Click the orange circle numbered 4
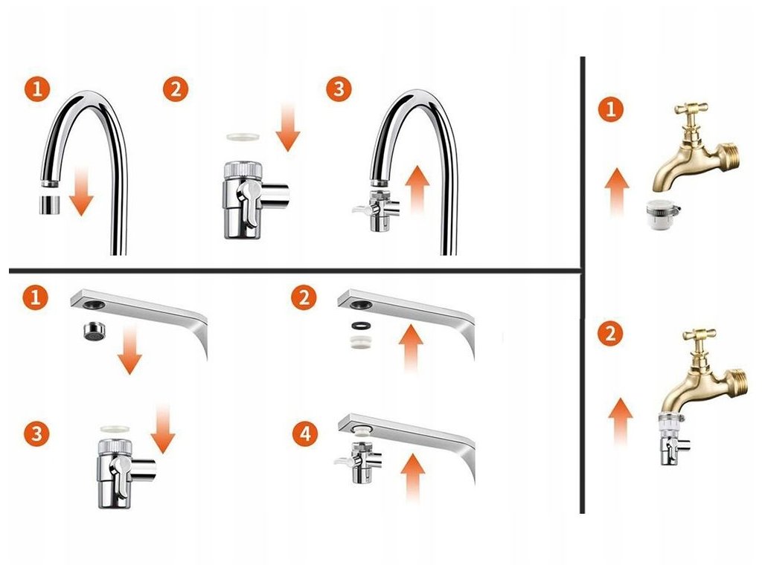[x=304, y=433]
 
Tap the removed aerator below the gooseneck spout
[x=49, y=204]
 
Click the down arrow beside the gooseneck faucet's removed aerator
[x=81, y=191]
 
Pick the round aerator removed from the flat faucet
[x=95, y=331]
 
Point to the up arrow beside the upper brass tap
[x=617, y=193]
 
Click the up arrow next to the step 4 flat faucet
[x=412, y=477]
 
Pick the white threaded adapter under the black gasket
[x=360, y=340]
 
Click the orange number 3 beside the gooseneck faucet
[x=339, y=89]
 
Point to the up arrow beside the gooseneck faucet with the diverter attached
[x=418, y=190]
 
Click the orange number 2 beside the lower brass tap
[x=610, y=334]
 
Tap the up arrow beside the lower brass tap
[x=621, y=421]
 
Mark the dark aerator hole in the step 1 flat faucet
[x=93, y=304]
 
